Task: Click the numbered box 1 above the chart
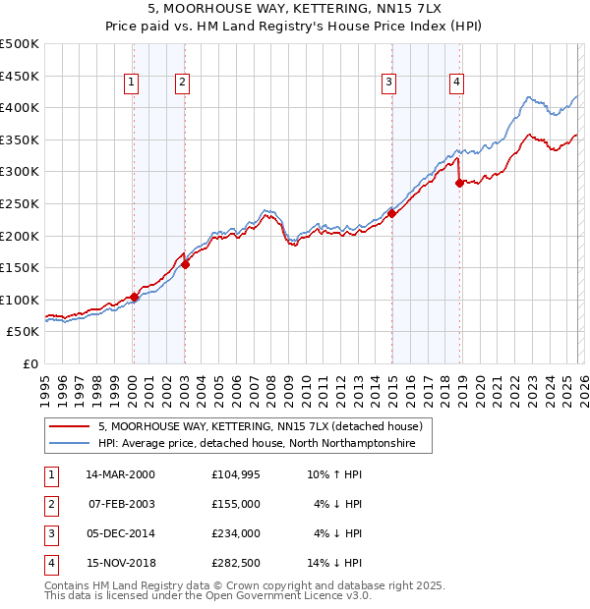[132, 83]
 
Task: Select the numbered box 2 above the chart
[183, 83]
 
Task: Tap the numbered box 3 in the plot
[389, 83]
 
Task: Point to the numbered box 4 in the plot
[457, 83]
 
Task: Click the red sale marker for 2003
[185, 264]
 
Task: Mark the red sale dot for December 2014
[391, 213]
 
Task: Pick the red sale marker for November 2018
[459, 183]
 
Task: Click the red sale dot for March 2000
[134, 297]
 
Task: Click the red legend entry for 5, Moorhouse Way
[260, 426]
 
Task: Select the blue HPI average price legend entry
[257, 444]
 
